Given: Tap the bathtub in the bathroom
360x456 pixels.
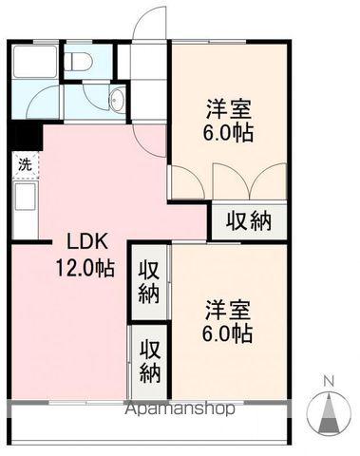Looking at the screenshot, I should click(x=33, y=63).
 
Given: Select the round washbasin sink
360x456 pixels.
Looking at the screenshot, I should click(x=116, y=102).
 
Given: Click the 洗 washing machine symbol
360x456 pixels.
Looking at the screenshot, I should click(x=25, y=163).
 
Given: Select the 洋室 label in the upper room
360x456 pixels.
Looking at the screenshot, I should click(x=228, y=106).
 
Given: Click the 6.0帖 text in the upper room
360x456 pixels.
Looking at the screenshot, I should click(x=228, y=133).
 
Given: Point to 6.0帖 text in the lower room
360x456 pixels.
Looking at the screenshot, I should click(x=228, y=334).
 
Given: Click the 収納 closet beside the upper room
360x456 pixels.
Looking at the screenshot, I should click(x=248, y=220).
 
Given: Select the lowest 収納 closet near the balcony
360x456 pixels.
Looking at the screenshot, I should click(x=149, y=358).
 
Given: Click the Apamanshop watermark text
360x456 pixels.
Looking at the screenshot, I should click(x=180, y=411).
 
